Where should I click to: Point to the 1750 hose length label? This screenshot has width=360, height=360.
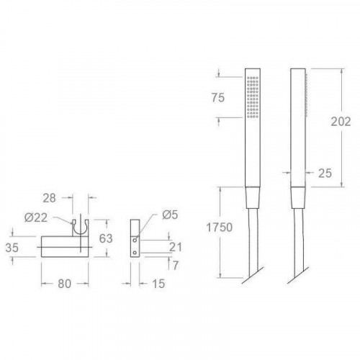pos(217,227)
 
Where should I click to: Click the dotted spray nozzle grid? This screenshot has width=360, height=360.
pos(252,97)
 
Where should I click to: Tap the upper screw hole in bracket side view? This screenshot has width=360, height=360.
pos(135,240)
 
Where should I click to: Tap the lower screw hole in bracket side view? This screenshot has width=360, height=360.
pos(135,253)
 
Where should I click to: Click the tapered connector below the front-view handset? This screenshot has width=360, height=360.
pos(252,197)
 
